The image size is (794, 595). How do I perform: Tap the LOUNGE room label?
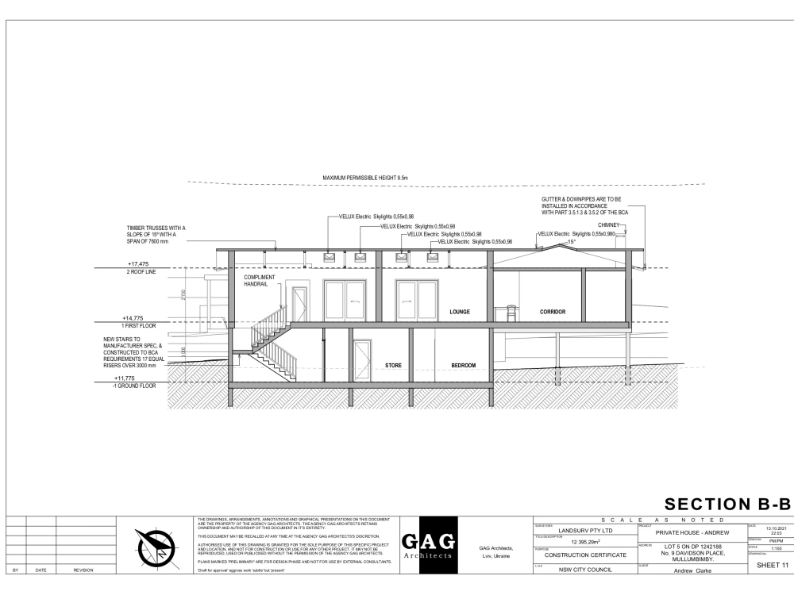[x=460, y=312]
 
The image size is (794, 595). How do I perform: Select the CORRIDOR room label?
[x=553, y=312]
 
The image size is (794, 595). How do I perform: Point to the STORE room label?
[x=393, y=366]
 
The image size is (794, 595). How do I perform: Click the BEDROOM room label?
[x=463, y=366]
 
